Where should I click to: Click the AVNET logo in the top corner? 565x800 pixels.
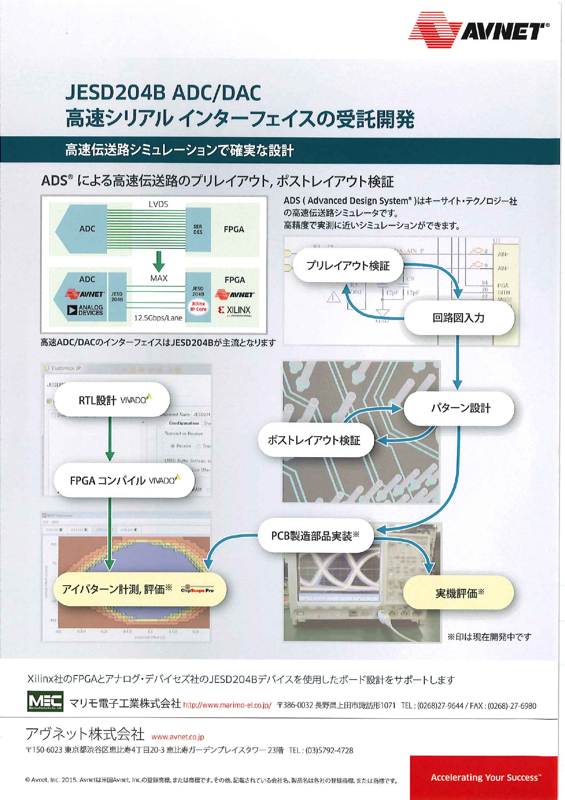478,30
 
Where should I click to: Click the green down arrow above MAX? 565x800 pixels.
158,260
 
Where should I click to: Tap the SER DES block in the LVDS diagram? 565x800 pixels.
198,229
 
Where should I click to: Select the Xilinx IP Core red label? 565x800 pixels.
198,306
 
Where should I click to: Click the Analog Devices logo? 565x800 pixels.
85,310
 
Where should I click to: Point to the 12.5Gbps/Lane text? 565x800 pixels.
158,318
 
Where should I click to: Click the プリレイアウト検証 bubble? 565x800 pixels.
348,266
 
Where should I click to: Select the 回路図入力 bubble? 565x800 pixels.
458,318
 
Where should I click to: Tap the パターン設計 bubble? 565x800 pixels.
460,408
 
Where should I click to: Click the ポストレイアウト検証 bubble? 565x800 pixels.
314,440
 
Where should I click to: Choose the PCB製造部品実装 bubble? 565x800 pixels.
315,536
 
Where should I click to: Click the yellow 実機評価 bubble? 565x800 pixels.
459,593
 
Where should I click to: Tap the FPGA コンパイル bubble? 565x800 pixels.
124,480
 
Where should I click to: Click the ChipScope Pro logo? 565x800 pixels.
197,590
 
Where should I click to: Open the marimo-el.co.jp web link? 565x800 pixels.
227,705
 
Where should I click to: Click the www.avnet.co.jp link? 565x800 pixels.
178,737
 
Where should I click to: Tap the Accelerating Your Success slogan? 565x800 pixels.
485,777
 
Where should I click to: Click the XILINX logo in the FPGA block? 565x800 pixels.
234,310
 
